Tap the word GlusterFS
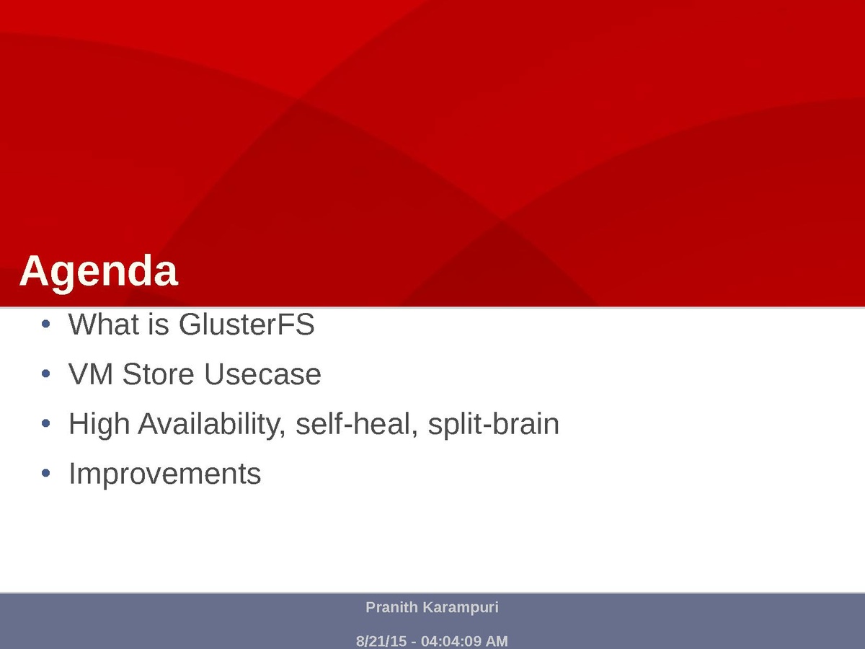[247, 324]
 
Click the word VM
[91, 374]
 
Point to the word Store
[159, 374]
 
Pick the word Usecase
[263, 374]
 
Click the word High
[99, 425]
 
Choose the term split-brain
[493, 425]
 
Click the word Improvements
[165, 474]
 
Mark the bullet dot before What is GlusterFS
[45, 324]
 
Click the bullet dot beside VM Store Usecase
[45, 374]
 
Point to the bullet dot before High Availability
[45, 423]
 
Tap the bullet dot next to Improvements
[45, 473]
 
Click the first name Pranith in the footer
[391, 607]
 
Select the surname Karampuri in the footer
[461, 608]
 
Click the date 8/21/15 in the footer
[381, 641]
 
